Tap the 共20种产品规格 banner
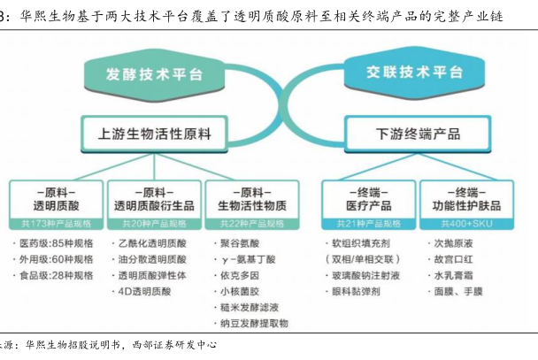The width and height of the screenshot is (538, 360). click(x=153, y=223)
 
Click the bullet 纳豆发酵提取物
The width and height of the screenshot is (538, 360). click(x=257, y=324)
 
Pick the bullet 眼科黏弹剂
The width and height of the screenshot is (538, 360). click(x=363, y=291)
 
